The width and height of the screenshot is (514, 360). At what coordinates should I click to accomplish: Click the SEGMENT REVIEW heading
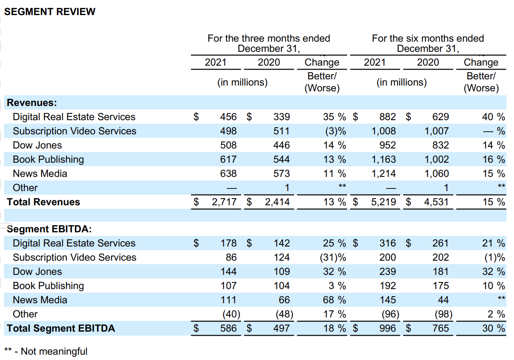point(50,12)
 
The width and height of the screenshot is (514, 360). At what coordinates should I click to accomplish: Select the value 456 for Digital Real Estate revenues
point(228,117)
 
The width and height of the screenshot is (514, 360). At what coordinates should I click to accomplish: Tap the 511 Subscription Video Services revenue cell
point(281,131)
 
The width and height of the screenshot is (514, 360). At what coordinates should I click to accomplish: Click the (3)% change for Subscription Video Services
point(335,131)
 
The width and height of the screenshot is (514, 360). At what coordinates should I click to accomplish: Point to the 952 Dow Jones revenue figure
point(387,145)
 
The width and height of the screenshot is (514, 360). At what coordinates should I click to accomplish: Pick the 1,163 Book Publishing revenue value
point(384,159)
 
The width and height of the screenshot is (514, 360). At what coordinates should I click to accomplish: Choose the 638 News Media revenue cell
point(228,173)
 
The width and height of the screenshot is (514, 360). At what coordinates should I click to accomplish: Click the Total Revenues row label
point(43,202)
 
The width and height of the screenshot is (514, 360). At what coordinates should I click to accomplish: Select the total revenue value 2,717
point(224,202)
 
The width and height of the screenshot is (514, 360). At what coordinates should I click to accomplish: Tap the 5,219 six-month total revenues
point(384,202)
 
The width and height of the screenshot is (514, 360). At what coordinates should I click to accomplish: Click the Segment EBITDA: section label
point(49,229)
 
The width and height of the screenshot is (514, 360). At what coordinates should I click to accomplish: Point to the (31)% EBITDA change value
point(333,258)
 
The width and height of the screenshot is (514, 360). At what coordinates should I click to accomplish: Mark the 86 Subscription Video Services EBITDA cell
point(231,258)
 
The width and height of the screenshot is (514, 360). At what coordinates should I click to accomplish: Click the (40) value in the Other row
point(231,314)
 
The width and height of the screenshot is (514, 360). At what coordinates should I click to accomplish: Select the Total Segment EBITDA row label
point(61,328)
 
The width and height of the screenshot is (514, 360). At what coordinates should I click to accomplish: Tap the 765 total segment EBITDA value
point(440,328)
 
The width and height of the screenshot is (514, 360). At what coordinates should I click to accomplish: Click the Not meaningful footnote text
point(54,352)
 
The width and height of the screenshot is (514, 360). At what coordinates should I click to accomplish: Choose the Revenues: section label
point(32,102)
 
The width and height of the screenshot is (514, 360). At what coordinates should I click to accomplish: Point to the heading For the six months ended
point(428,39)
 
